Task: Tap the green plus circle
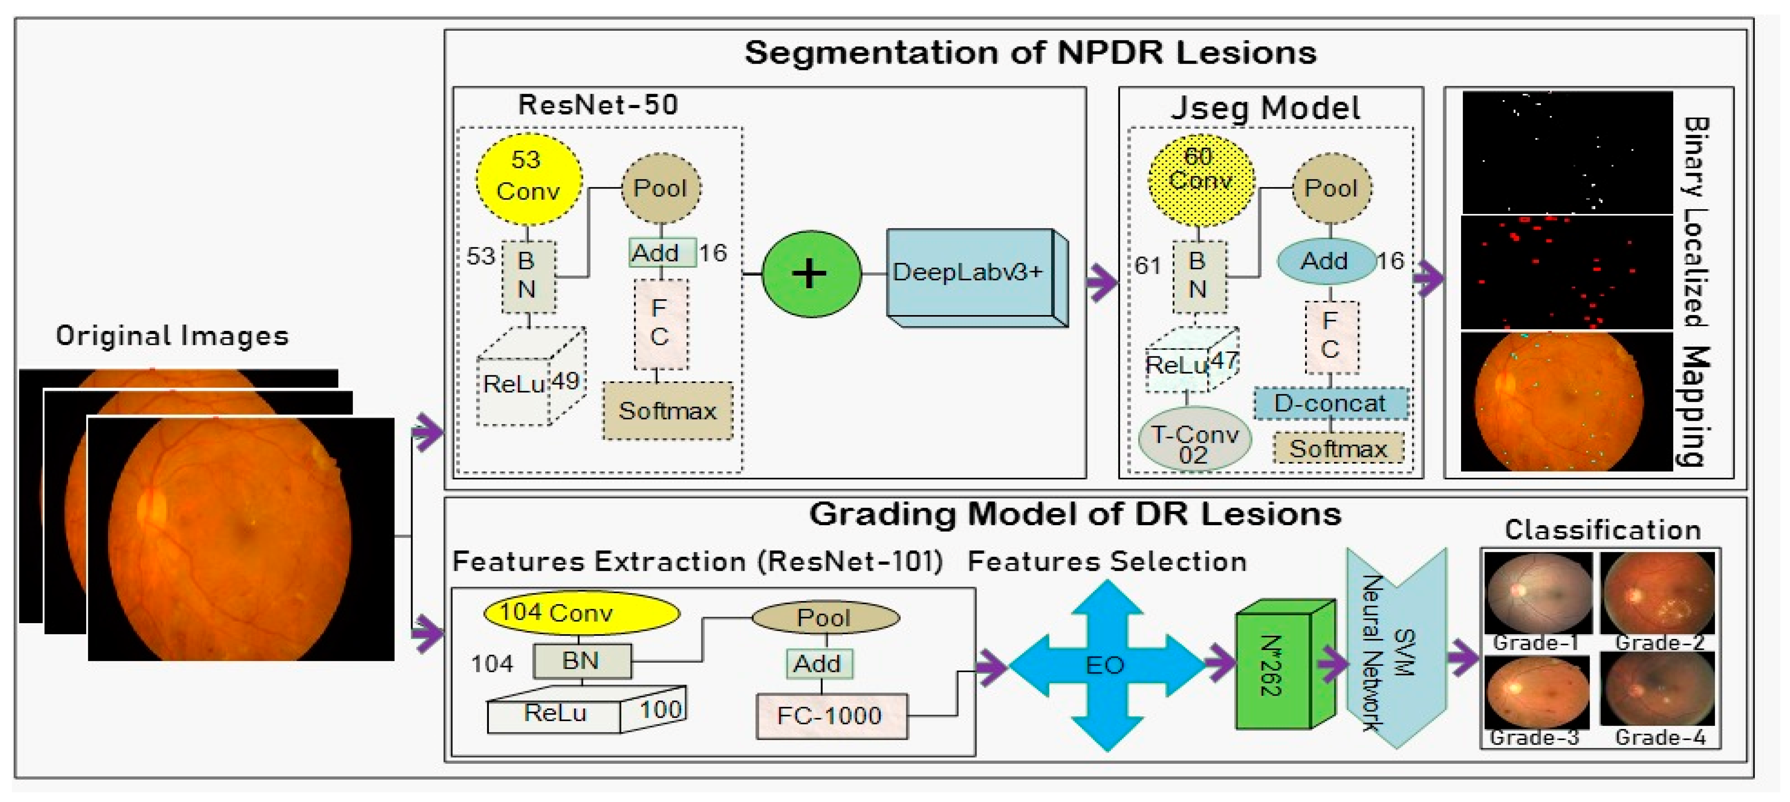coord(811,273)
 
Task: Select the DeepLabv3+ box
coord(969,274)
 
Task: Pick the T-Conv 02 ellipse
coord(1194,442)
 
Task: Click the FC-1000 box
coord(830,715)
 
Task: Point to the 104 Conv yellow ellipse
coord(581,612)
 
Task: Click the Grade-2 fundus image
coord(1657,594)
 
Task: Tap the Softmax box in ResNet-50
coord(667,411)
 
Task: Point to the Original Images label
coord(172,336)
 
